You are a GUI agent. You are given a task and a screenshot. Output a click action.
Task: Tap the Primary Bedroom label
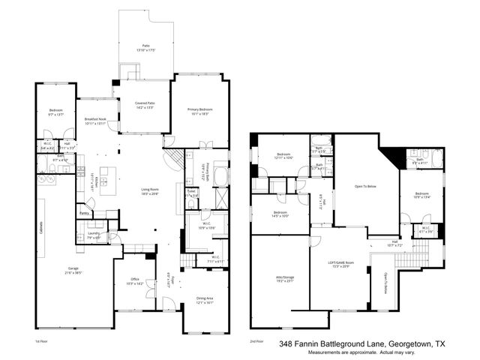[200, 111]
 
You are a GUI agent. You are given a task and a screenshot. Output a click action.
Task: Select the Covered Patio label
[145, 105]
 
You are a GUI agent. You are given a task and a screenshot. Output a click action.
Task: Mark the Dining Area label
[205, 298]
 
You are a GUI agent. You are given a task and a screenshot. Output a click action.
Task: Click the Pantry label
[84, 214]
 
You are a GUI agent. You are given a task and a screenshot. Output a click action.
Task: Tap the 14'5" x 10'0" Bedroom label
[281, 214]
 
